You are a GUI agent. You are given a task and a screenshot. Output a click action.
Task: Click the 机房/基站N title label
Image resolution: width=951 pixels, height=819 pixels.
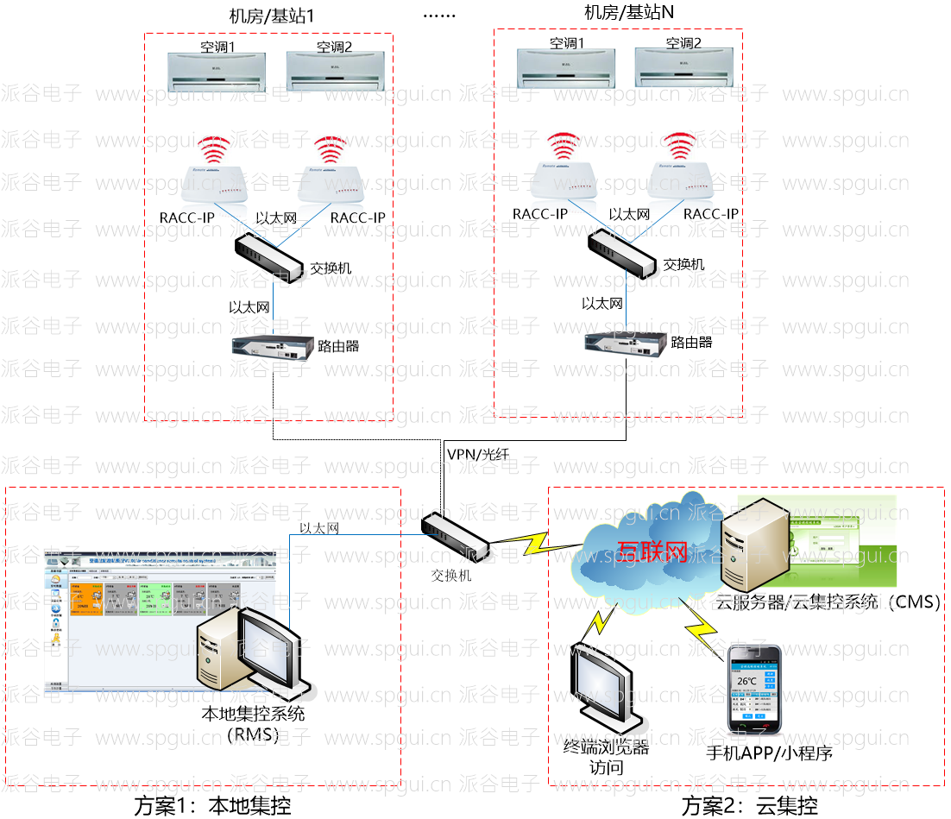click(x=628, y=12)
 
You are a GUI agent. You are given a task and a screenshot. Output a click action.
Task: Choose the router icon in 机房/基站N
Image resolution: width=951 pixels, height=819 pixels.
click(x=625, y=343)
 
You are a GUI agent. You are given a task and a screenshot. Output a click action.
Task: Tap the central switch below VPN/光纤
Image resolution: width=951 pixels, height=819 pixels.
click(x=455, y=537)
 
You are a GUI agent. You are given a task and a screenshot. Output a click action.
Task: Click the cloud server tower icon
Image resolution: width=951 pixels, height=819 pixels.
click(x=753, y=545)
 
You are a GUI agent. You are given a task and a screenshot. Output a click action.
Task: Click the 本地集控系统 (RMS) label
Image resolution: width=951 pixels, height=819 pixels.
click(x=253, y=724)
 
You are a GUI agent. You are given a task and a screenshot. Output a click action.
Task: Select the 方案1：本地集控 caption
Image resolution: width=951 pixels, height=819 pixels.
click(x=212, y=806)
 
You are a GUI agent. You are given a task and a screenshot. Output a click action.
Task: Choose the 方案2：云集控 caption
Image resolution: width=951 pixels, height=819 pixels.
click(x=749, y=806)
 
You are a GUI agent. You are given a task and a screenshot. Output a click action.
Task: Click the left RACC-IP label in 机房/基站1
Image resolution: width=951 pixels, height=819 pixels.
click(x=187, y=217)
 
